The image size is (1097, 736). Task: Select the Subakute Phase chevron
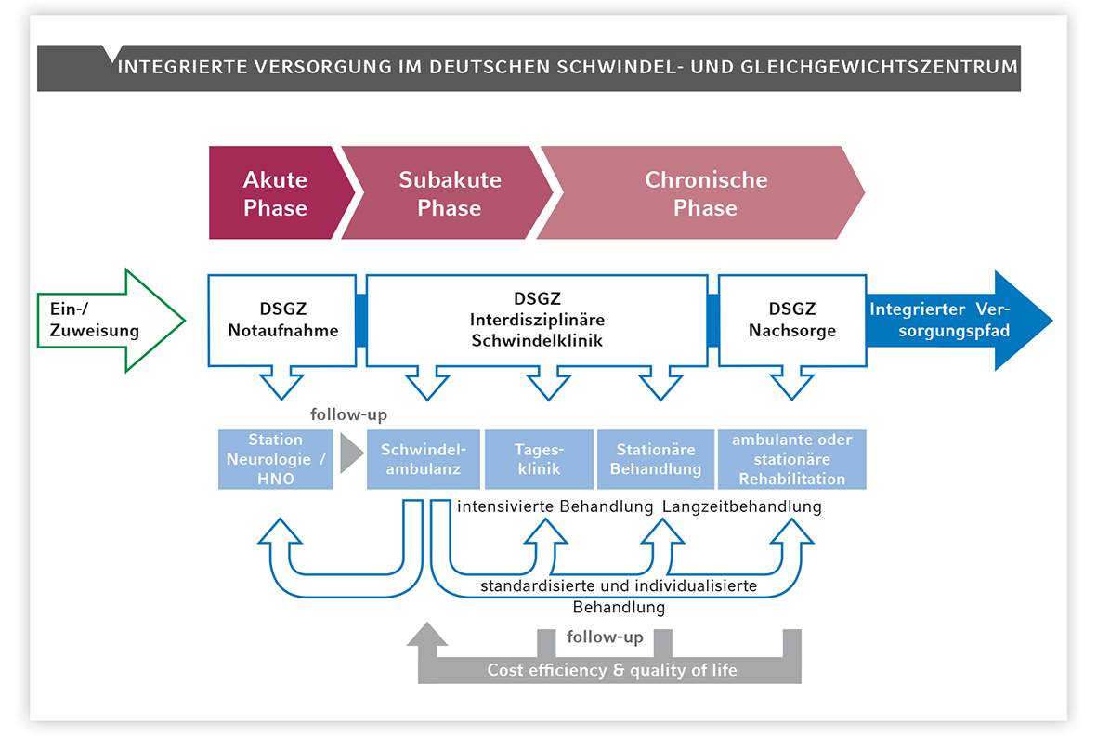coord(448,192)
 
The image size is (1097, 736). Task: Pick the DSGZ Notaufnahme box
coord(282,320)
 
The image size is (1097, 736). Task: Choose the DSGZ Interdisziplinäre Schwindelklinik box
coord(537,320)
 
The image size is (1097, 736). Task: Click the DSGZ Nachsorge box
coord(792,320)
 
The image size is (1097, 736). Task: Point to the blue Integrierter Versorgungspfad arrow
coord(959,321)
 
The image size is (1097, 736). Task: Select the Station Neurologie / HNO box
coord(276,459)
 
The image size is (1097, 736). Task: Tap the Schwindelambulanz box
coord(424,459)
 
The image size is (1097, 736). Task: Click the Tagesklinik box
coord(539,459)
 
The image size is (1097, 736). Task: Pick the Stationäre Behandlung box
coord(656,459)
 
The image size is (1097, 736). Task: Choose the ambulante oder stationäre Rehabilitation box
coord(792,459)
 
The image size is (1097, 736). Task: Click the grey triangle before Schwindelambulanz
coord(350,453)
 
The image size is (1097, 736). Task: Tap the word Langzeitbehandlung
coord(741,506)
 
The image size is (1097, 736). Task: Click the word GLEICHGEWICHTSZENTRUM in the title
coord(880,67)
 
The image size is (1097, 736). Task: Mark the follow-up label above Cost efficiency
coord(605,637)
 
